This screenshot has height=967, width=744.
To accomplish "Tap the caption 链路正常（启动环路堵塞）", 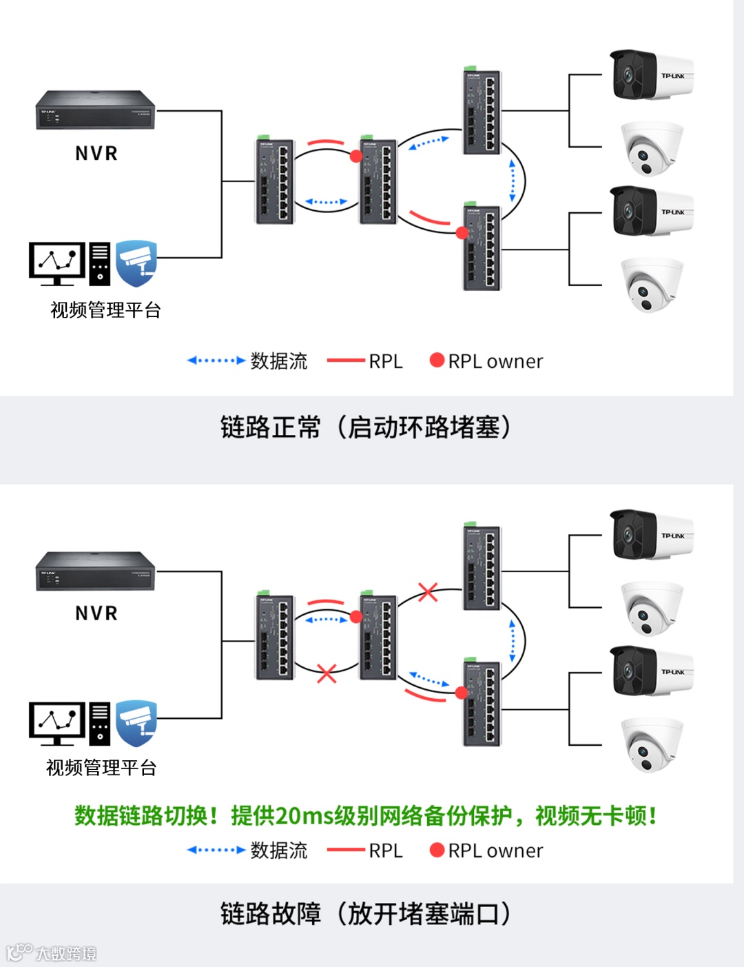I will tap(366, 427).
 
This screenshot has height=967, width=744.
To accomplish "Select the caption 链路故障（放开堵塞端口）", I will tap(366, 914).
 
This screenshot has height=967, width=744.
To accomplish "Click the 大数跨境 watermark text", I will tap(65, 954).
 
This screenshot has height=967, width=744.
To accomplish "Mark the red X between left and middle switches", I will tap(327, 673).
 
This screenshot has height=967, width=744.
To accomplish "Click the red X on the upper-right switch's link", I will tap(428, 591).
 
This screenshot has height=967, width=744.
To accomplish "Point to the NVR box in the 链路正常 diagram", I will tap(96, 110).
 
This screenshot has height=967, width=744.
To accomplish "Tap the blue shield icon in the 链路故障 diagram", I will tap(136, 723).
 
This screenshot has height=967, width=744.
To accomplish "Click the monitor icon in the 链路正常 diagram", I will tap(56, 263).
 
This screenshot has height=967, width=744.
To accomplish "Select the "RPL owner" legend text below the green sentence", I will tap(495, 851).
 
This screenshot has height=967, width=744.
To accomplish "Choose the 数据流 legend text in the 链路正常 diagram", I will tap(279, 361).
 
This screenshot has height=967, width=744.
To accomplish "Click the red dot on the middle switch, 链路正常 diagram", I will tap(356, 156).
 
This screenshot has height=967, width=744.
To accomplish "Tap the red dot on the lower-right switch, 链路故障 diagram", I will tap(462, 693).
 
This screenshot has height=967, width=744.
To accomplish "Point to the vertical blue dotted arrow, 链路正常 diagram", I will tap(513, 181).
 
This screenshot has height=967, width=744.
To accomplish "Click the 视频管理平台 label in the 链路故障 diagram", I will tap(101, 768).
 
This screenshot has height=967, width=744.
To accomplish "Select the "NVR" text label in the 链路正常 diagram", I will tap(96, 153).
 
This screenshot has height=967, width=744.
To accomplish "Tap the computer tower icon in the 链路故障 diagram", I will tap(100, 723).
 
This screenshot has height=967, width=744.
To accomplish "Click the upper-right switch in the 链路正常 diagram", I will tap(482, 112).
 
